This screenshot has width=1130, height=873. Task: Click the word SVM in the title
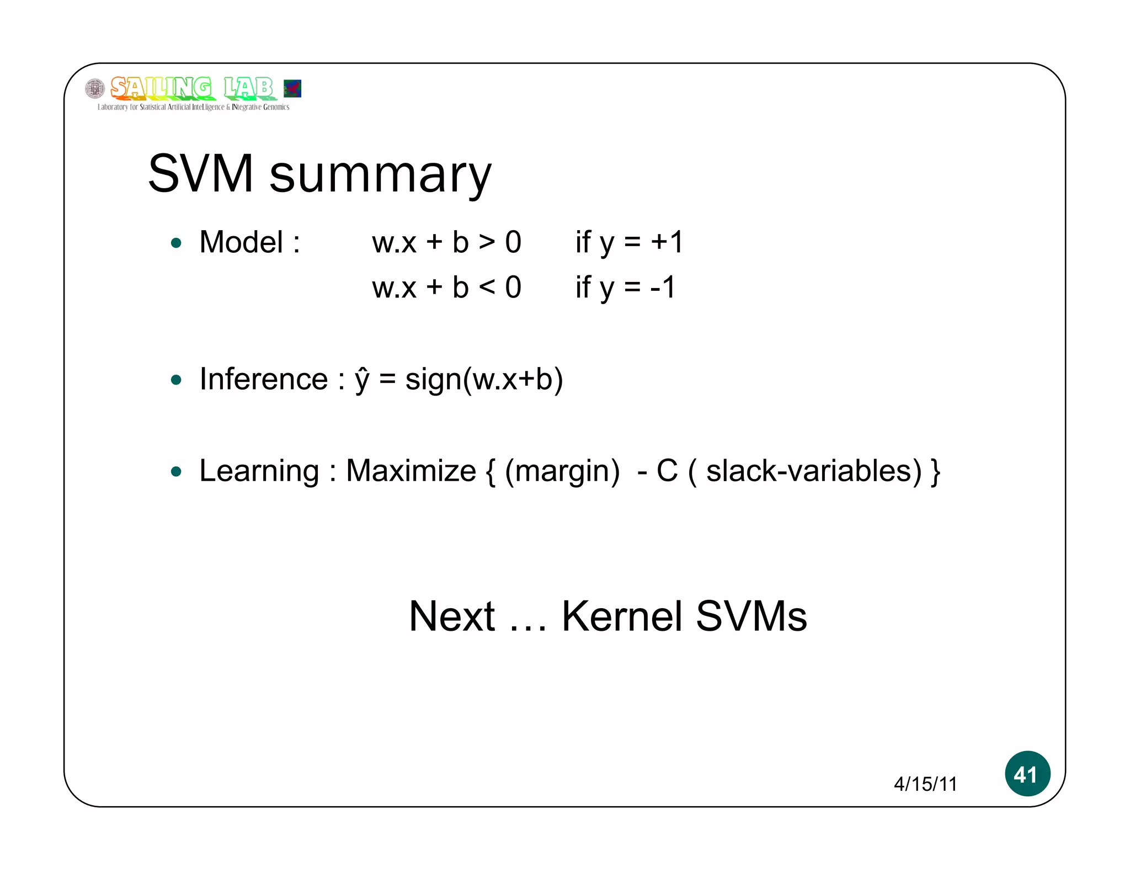click(201, 174)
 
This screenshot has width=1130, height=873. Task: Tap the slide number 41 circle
click(1027, 774)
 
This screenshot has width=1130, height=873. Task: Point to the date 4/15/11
click(925, 784)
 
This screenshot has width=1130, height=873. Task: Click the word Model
click(242, 242)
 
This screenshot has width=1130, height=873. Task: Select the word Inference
click(264, 379)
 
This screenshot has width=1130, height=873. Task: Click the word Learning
click(259, 471)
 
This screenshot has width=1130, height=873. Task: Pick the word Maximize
click(411, 471)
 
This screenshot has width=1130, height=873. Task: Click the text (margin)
click(562, 472)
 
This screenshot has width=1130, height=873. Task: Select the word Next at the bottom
click(452, 616)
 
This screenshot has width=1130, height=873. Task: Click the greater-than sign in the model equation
click(487, 242)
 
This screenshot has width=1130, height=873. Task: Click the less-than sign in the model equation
click(487, 288)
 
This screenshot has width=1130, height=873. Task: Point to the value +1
click(667, 242)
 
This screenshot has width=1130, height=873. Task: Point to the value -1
click(663, 288)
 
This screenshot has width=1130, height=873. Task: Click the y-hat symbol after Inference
click(362, 380)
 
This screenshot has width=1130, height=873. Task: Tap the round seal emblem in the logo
click(95, 88)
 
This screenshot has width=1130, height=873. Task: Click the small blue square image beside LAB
click(292, 88)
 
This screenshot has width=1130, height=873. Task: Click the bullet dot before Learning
click(176, 471)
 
